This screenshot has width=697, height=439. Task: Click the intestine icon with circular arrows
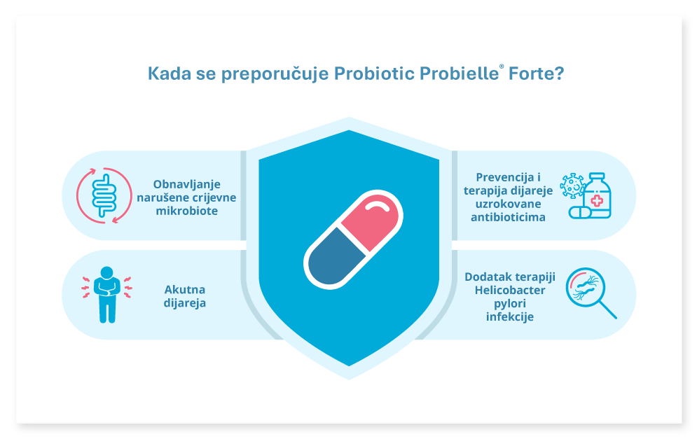click(x=104, y=195)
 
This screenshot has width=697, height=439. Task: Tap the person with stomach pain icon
click(x=106, y=294)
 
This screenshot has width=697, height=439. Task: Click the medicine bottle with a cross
click(x=597, y=195)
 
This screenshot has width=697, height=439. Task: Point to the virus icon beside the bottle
click(x=572, y=186)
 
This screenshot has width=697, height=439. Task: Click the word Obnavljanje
click(x=187, y=184)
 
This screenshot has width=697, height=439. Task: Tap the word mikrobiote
click(x=187, y=211)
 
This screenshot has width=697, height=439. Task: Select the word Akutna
click(x=185, y=290)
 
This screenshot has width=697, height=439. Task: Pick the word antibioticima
click(x=508, y=217)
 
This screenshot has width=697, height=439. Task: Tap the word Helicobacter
click(x=510, y=290)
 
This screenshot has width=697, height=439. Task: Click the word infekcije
click(x=510, y=316)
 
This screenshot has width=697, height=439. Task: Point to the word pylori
click(x=510, y=304)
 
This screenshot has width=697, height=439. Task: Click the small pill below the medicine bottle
click(x=581, y=212)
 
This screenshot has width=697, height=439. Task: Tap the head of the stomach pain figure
click(x=106, y=272)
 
